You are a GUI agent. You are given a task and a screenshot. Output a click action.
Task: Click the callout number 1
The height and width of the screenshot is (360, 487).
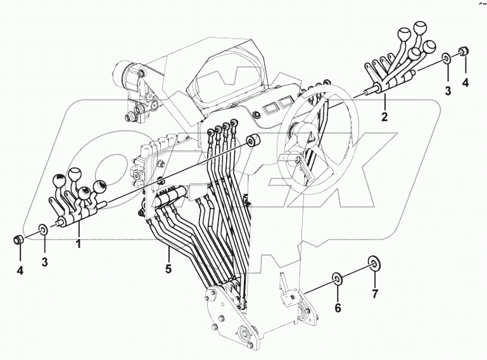pyautogui.click(x=79, y=243)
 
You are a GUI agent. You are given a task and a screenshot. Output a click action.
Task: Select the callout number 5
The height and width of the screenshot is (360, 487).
pyautogui.click(x=169, y=268)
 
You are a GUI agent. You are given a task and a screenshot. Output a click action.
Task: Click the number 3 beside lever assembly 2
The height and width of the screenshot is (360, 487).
pyautogui.click(x=447, y=91)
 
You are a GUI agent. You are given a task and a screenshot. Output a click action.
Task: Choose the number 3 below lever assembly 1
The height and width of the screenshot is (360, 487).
pyautogui.click(x=44, y=262)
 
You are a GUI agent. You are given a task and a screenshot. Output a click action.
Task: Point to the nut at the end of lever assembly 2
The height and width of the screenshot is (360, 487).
pyautogui.click(x=464, y=51)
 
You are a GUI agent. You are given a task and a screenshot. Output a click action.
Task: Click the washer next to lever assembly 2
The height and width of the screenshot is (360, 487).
pyautogui.click(x=447, y=59)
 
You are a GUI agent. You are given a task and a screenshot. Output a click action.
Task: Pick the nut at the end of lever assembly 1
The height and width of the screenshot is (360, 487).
pyautogui.click(x=19, y=240)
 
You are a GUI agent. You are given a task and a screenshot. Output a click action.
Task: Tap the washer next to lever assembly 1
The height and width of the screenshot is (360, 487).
pyautogui.click(x=43, y=228)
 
